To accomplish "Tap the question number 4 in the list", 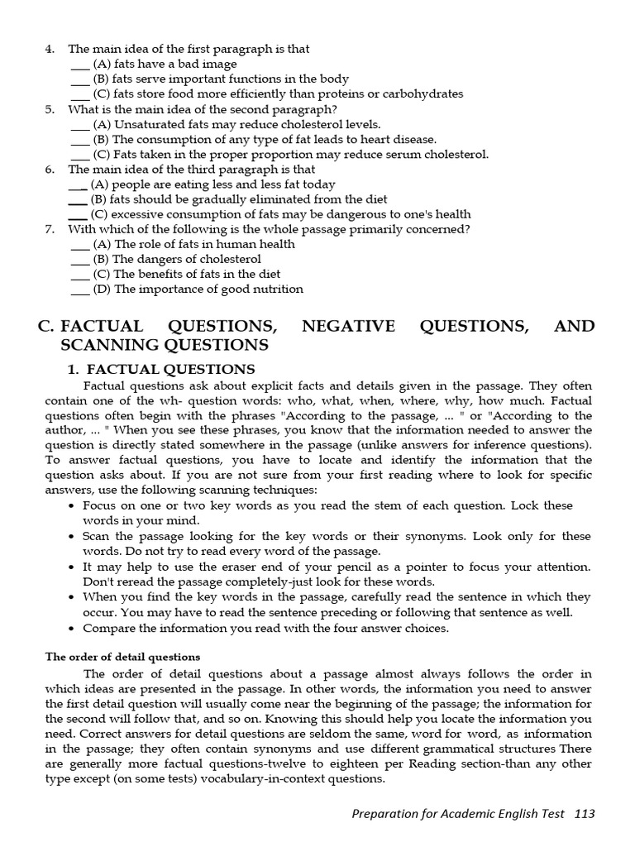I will [x=50, y=49].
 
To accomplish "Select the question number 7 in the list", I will [x=50, y=229].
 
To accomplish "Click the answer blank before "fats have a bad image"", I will [x=80, y=65].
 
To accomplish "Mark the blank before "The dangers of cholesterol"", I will [x=80, y=260].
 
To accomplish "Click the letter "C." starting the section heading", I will [x=46, y=326].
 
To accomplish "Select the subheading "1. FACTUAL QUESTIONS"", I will [x=160, y=369].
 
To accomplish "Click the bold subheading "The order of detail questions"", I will [x=122, y=657].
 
